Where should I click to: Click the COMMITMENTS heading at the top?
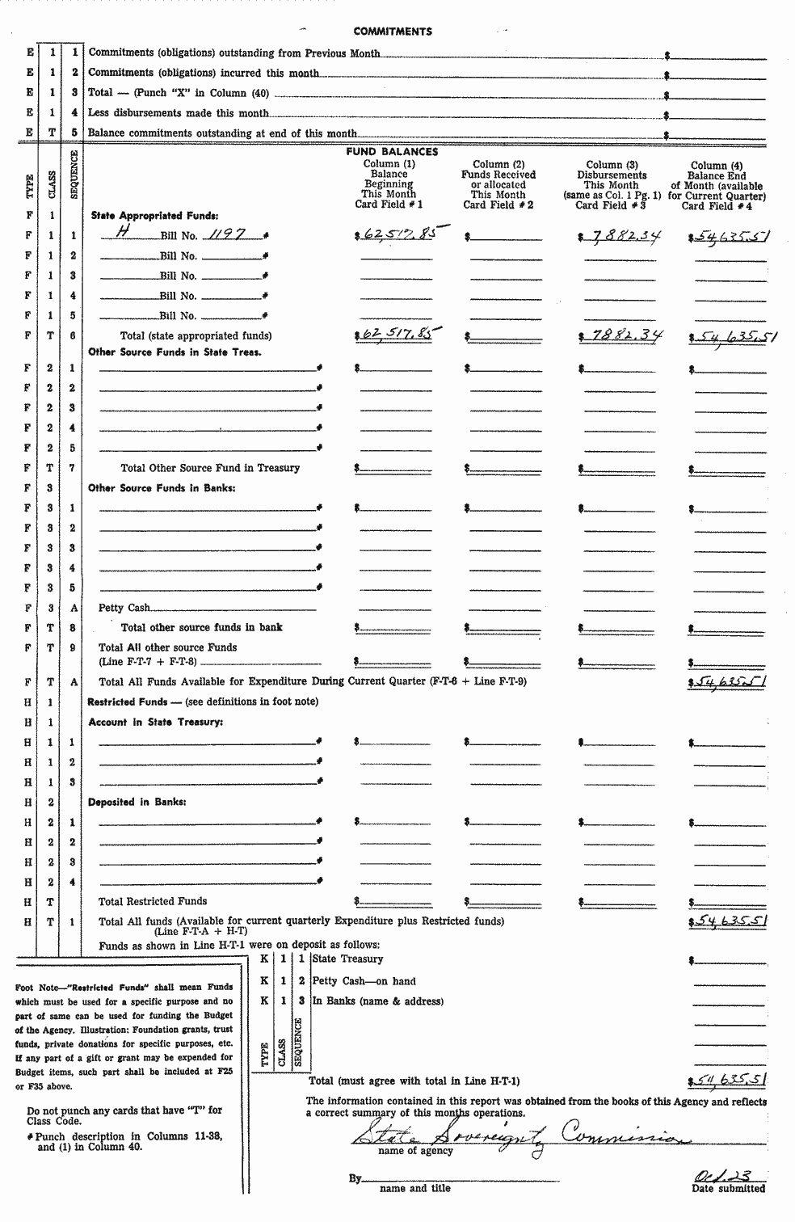coord(392,32)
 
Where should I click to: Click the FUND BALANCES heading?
coord(392,151)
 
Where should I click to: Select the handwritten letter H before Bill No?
coord(124,233)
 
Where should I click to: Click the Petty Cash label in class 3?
coord(124,608)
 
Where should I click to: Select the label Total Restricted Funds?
coord(153,901)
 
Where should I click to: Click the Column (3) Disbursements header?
coord(611,185)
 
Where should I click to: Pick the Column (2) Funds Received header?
coord(498,184)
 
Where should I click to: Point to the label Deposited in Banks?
coord(137,802)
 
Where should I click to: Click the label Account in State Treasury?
coord(155,722)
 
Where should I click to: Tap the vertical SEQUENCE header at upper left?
coord(74,175)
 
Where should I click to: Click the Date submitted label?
coord(728,1188)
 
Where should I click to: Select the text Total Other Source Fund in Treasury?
coord(210,468)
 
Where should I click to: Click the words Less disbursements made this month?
coord(178,113)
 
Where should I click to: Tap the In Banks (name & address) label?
coord(377,1001)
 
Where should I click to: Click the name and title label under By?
coord(414,1188)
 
